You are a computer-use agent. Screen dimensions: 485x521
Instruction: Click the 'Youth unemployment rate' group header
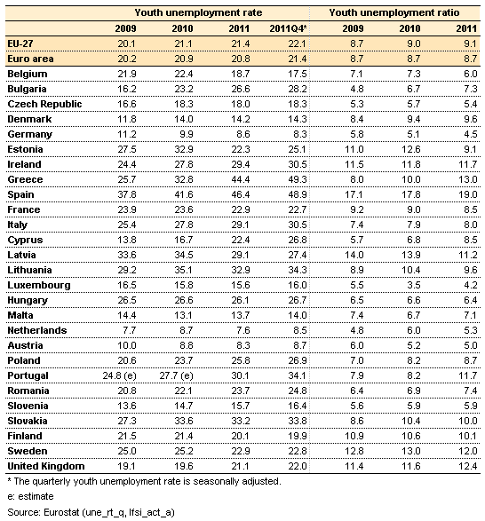[198, 12]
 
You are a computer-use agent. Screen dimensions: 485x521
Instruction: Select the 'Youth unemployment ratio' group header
[394, 12]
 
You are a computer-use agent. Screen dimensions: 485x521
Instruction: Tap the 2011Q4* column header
[288, 28]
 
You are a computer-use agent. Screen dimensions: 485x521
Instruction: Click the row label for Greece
[25, 179]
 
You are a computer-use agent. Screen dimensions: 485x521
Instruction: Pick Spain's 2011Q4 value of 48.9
[298, 194]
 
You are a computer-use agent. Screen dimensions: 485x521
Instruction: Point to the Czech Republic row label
[44, 104]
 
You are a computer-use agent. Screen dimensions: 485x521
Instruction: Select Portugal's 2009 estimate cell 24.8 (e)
[119, 375]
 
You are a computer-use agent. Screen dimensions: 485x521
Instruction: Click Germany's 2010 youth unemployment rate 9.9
[187, 134]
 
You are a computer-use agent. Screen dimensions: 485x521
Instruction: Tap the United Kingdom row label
[46, 466]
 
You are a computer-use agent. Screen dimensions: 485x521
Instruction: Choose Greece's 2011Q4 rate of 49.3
[298, 179]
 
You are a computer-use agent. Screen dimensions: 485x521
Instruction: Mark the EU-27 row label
[20, 43]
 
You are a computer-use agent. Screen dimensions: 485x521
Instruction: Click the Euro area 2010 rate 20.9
[184, 59]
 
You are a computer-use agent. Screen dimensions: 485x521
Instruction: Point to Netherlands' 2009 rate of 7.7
[130, 330]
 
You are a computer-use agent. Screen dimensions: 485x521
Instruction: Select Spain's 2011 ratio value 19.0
[468, 194]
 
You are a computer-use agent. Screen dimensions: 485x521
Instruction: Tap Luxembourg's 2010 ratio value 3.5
[413, 285]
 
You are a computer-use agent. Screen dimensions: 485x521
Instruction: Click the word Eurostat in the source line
[61, 512]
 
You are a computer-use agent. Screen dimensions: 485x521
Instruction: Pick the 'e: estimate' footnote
[30, 496]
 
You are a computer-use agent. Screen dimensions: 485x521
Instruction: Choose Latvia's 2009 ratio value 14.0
[354, 255]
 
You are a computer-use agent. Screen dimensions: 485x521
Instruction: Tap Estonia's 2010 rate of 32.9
[184, 149]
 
